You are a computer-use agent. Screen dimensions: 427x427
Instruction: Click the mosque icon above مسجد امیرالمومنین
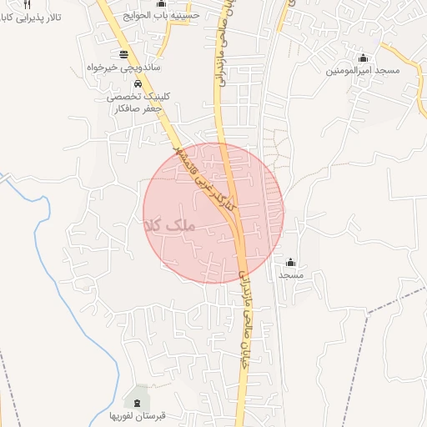click(x=363, y=58)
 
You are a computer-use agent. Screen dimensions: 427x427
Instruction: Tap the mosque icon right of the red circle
click(x=290, y=263)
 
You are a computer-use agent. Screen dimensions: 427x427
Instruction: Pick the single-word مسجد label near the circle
click(x=290, y=275)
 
